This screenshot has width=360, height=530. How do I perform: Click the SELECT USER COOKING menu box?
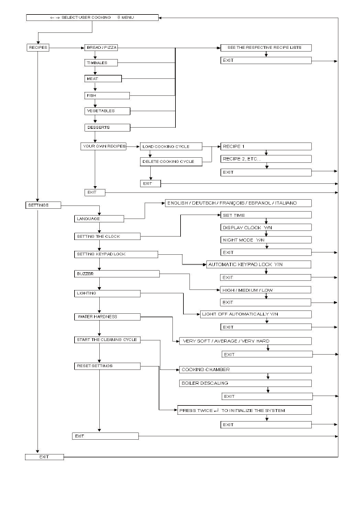[92, 18]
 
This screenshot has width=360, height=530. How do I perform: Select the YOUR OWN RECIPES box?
[103, 146]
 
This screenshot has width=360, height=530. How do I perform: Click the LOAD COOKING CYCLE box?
[171, 146]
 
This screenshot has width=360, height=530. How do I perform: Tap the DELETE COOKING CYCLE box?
[171, 162]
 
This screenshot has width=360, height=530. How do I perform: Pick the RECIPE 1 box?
[266, 146]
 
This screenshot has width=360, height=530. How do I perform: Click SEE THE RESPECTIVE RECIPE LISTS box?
[266, 48]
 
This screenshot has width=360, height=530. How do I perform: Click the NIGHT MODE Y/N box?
[266, 240]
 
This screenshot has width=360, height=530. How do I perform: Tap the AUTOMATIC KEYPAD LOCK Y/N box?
[258, 264]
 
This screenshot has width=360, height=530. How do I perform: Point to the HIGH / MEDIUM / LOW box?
[266, 289]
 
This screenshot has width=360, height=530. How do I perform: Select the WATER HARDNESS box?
[108, 316]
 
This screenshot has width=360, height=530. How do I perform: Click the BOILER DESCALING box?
[244, 382]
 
